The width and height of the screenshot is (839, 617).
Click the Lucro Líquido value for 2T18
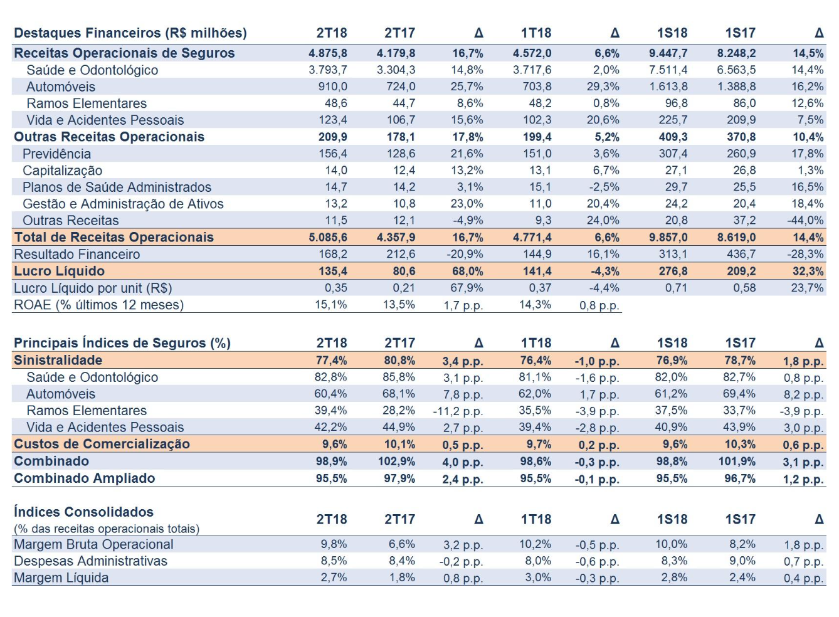pos(332,271)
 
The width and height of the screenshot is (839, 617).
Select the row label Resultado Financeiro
pos(77,254)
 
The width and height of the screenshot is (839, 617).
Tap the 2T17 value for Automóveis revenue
pos(401,87)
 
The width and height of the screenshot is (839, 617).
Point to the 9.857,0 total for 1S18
pos(668,237)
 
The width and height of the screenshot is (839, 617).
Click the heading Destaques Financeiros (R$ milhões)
pos(130,33)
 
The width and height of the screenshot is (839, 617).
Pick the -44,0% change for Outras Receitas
pos(805,220)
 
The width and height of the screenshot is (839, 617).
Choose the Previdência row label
pos(56,154)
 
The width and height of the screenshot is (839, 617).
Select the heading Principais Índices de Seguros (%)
pos(122,343)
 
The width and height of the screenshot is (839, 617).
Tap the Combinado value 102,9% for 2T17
pos(396,461)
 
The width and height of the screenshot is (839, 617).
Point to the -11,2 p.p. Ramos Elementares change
pos(458,411)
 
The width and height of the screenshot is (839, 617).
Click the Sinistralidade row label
pos(58,360)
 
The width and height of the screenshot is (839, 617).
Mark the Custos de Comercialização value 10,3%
pos(740,445)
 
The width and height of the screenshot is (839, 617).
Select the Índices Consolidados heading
pos(83,512)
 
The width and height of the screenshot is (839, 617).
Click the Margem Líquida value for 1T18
pos(538,577)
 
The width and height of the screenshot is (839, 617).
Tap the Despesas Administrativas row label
pos(90,561)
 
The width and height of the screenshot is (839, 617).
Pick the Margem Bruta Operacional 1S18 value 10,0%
pos(671,544)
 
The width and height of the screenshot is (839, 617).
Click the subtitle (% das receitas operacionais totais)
pos(107,529)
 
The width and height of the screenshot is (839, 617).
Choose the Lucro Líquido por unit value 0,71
pos(676,288)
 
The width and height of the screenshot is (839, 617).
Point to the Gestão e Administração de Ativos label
pos(123,204)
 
